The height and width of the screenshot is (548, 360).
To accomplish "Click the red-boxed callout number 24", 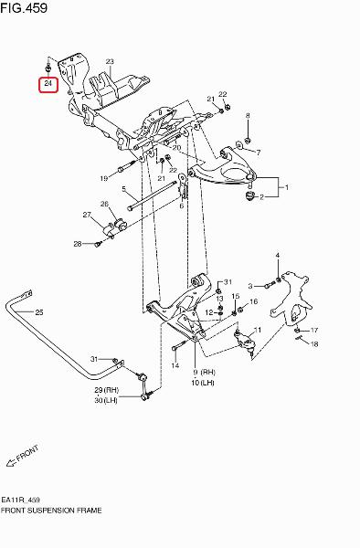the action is click(48, 83).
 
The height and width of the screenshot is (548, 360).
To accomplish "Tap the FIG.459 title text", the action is click(24, 7).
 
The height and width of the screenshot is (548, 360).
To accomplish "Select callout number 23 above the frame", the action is click(110, 62).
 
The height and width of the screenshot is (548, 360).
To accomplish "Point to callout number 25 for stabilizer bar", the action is click(39, 312).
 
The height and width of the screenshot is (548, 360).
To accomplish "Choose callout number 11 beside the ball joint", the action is click(258, 330).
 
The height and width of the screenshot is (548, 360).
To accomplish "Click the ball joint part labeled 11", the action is click(245, 341).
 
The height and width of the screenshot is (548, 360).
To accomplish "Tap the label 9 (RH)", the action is click(203, 373).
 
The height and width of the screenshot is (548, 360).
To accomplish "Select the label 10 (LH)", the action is click(203, 383).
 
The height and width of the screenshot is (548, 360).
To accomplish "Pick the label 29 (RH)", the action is click(107, 390).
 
